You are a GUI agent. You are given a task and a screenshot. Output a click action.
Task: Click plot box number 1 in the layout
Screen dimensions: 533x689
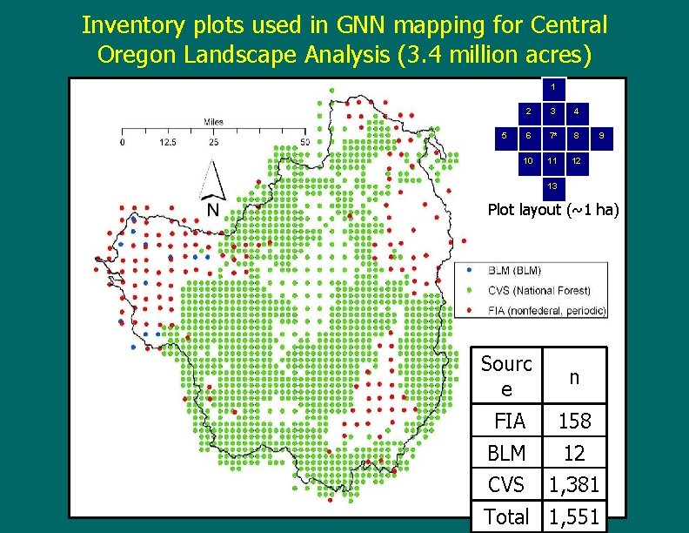pyautogui.click(x=552, y=87)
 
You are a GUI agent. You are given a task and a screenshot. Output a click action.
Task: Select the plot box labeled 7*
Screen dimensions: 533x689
pyautogui.click(x=552, y=136)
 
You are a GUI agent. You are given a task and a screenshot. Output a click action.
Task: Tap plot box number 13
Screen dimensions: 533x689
pyautogui.click(x=552, y=186)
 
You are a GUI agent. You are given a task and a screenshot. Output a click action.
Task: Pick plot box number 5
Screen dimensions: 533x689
pyautogui.click(x=504, y=136)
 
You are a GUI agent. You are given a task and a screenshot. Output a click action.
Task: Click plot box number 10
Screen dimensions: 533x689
pyautogui.click(x=528, y=161)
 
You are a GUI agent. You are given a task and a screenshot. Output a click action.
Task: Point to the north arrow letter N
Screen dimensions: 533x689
pyautogui.click(x=212, y=211)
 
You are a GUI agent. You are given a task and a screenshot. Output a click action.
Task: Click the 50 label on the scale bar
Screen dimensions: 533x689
pyautogui.click(x=304, y=141)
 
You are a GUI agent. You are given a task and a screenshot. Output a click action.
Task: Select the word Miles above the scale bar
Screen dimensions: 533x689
pyautogui.click(x=214, y=122)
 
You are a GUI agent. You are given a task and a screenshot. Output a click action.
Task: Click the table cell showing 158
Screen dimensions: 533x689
pyautogui.click(x=574, y=422)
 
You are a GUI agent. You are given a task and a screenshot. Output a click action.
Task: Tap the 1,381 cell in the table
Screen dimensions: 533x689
pyautogui.click(x=574, y=484)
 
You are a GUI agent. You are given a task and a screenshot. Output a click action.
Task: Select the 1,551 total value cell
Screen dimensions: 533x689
pyautogui.click(x=574, y=516)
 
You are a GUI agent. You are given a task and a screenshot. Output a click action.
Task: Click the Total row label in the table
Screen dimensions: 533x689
pyautogui.click(x=506, y=516)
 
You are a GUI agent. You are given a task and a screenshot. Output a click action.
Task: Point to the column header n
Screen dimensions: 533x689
pyautogui.click(x=574, y=377)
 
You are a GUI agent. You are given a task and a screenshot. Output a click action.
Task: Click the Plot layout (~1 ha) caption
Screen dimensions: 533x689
pyautogui.click(x=553, y=209)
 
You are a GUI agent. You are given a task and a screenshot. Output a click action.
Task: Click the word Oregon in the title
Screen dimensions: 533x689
pyautogui.click(x=138, y=55)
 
